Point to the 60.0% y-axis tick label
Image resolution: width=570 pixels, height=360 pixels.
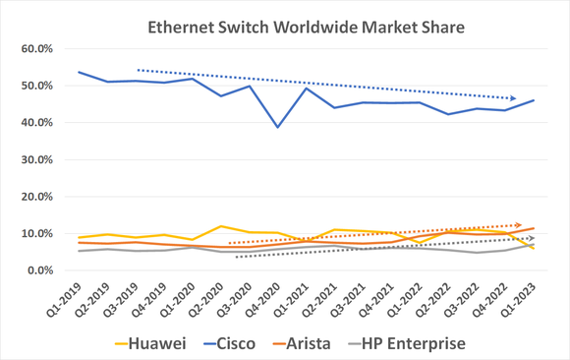37,49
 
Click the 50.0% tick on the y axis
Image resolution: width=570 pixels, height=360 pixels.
37,86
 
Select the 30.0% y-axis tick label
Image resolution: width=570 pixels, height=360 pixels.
37,159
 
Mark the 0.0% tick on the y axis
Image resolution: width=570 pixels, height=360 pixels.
40,270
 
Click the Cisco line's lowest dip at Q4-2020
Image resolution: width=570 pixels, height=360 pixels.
278,127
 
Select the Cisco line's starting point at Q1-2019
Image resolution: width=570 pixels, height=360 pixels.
79,72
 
